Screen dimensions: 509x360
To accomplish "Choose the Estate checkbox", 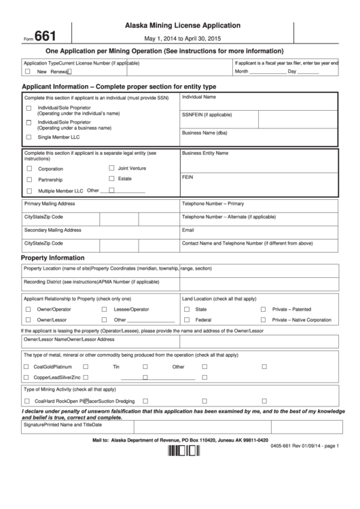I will (111, 179).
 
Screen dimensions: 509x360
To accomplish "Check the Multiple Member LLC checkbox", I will (29, 191).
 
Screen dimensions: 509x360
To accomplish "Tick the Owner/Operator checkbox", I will (28, 309).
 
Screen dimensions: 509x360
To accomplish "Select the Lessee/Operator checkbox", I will (105, 309).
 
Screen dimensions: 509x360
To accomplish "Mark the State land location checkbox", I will (187, 309).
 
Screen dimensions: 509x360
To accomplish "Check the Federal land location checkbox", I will (187, 319).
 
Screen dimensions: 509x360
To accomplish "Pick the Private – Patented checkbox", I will (264, 309).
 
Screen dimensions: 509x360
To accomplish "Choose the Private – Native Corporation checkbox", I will (264, 319).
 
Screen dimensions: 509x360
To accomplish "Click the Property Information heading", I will (53, 258).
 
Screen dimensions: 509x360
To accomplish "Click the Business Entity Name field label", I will (205, 153).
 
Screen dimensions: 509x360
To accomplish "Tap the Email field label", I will (188, 230).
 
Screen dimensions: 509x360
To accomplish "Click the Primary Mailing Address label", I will (50, 204).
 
